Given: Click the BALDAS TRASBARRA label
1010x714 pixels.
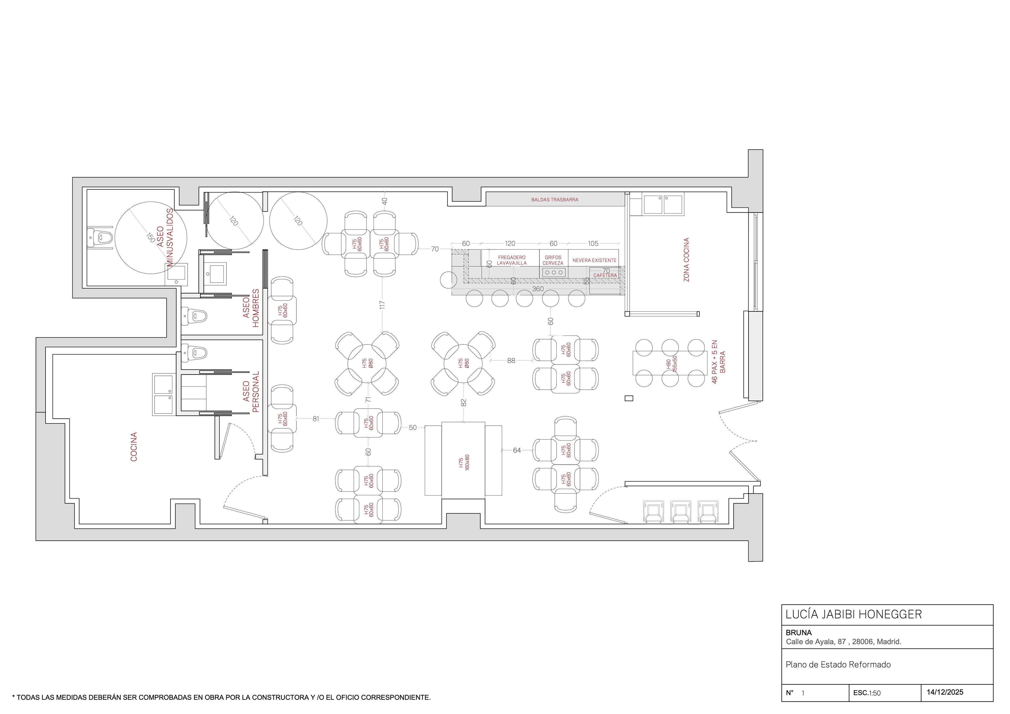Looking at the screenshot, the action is [x=555, y=200].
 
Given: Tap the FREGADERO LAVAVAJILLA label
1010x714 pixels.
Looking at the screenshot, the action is [x=512, y=260].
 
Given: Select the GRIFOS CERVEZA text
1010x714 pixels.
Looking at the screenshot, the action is [x=553, y=260].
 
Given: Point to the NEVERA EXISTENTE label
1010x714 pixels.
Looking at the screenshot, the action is [x=594, y=260].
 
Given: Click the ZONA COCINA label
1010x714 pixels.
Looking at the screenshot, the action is [x=686, y=260].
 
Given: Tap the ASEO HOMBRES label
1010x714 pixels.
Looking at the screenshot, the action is [x=251, y=308].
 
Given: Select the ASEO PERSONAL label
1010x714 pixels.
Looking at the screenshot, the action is [x=251, y=392].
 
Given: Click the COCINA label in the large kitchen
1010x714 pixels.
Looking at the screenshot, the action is [x=134, y=447].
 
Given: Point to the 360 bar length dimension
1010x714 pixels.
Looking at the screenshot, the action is [x=538, y=289].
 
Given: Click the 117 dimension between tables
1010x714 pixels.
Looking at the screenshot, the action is [x=382, y=305].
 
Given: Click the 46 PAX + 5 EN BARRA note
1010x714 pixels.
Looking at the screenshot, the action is [x=718, y=362].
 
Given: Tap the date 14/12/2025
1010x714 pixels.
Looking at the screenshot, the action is [x=945, y=692].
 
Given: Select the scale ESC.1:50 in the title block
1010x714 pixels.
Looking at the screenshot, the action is [x=867, y=693].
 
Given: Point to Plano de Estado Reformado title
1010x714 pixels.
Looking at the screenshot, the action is [x=838, y=665].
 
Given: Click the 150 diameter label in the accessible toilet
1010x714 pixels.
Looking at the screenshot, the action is [x=150, y=237].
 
